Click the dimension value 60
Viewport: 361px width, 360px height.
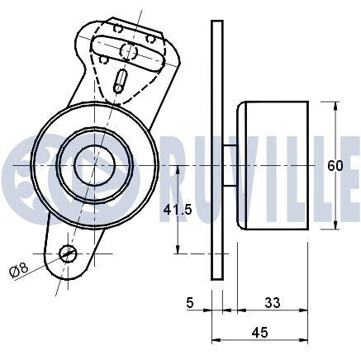click(x=335, y=166)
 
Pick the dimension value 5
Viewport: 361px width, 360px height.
click(x=191, y=303)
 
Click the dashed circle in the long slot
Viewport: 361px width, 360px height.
click(x=128, y=50)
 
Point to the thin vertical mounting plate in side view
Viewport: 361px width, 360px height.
click(x=217, y=149)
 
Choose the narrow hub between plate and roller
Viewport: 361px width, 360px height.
click(x=230, y=165)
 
